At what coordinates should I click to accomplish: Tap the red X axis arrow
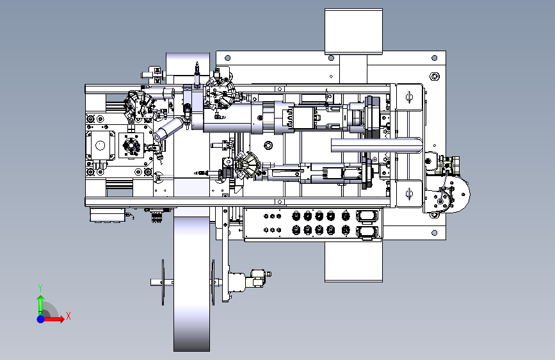54,319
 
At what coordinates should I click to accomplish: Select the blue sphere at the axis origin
41,319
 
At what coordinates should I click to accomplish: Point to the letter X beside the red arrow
68,316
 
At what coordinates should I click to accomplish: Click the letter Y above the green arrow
40,288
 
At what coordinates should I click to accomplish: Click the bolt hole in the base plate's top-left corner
228,58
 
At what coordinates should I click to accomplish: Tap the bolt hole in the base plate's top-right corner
434,58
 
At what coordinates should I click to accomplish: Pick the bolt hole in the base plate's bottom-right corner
434,233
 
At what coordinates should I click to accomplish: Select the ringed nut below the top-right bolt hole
435,76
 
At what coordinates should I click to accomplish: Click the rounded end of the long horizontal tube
419,145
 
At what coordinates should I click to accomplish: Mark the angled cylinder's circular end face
158,136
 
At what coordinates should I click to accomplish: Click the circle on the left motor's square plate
100,145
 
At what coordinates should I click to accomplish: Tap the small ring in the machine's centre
268,145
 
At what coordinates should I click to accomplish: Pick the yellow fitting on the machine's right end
449,165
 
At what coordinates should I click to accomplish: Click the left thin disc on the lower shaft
163,282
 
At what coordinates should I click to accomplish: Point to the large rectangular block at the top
353,31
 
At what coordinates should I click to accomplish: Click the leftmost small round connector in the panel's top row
266,216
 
